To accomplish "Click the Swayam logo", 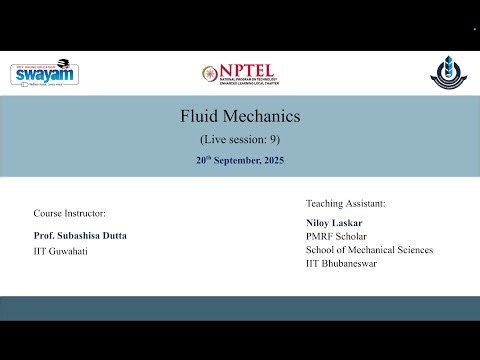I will click(45, 73).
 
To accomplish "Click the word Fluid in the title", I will click(198, 116).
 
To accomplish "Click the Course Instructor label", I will click(69, 213).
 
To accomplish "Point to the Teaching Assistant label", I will click(345, 203).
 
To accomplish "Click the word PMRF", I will click(320, 236).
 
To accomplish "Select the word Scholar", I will click(351, 236).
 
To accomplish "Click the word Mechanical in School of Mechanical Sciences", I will click(370, 250).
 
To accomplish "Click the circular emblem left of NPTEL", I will click(208, 74).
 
